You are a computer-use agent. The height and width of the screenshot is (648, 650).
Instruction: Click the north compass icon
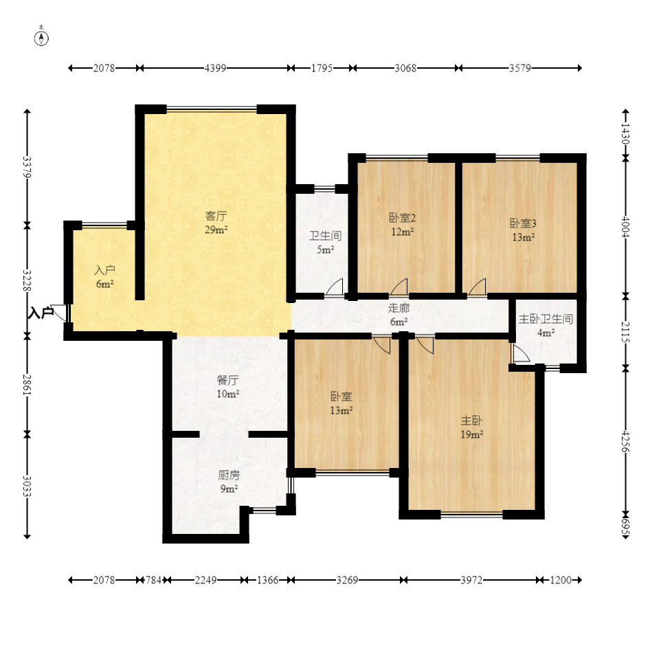(41, 37)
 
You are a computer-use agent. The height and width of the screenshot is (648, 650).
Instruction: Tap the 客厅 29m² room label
(216, 223)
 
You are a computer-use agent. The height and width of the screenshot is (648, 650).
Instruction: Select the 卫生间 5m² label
(326, 243)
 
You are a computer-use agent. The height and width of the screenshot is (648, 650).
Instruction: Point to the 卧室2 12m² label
(402, 224)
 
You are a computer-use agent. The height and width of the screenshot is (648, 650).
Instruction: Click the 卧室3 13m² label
(523, 230)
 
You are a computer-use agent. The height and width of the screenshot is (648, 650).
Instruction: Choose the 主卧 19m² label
(472, 427)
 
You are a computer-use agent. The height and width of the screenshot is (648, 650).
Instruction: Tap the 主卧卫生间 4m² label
(546, 326)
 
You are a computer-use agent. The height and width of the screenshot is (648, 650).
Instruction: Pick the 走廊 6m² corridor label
(399, 315)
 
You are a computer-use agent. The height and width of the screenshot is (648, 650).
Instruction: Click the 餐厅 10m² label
(228, 387)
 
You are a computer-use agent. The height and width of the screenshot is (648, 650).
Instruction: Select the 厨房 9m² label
(229, 482)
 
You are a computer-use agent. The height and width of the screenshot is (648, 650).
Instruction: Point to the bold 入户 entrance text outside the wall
(41, 313)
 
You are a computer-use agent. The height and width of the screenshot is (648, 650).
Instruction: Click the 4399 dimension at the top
(216, 68)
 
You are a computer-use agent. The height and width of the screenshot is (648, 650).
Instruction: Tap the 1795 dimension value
(322, 68)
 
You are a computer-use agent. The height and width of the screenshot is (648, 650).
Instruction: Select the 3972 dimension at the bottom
(472, 580)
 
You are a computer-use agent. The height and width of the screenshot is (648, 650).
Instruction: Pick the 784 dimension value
(153, 580)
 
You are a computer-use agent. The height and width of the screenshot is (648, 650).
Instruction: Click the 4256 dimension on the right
(625, 443)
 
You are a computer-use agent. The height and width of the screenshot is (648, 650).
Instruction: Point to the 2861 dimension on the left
(27, 385)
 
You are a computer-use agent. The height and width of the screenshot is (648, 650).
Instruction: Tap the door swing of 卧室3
(477, 287)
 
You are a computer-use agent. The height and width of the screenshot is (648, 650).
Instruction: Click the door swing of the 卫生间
(334, 287)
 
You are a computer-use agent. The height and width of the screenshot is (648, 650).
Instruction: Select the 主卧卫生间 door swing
(521, 353)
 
